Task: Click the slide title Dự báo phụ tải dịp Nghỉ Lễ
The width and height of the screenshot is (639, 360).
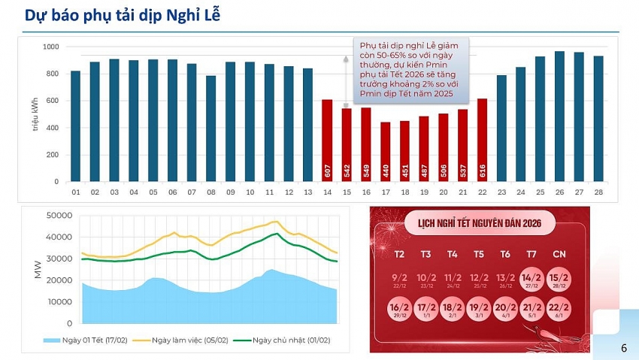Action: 123,16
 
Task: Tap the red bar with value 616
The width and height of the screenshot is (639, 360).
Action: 482,140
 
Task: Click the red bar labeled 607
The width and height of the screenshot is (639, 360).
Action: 327,141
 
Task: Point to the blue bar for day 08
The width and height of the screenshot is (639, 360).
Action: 211,129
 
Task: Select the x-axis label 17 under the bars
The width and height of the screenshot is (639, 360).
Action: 386,192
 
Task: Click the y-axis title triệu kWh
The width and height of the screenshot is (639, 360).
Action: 35,114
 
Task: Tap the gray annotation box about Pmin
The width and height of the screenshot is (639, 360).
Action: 412,71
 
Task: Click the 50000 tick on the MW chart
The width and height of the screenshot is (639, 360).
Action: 59,216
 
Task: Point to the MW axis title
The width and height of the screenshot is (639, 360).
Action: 38,270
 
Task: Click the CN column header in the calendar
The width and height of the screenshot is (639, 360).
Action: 559,254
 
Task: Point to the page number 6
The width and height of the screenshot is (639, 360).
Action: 623,348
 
